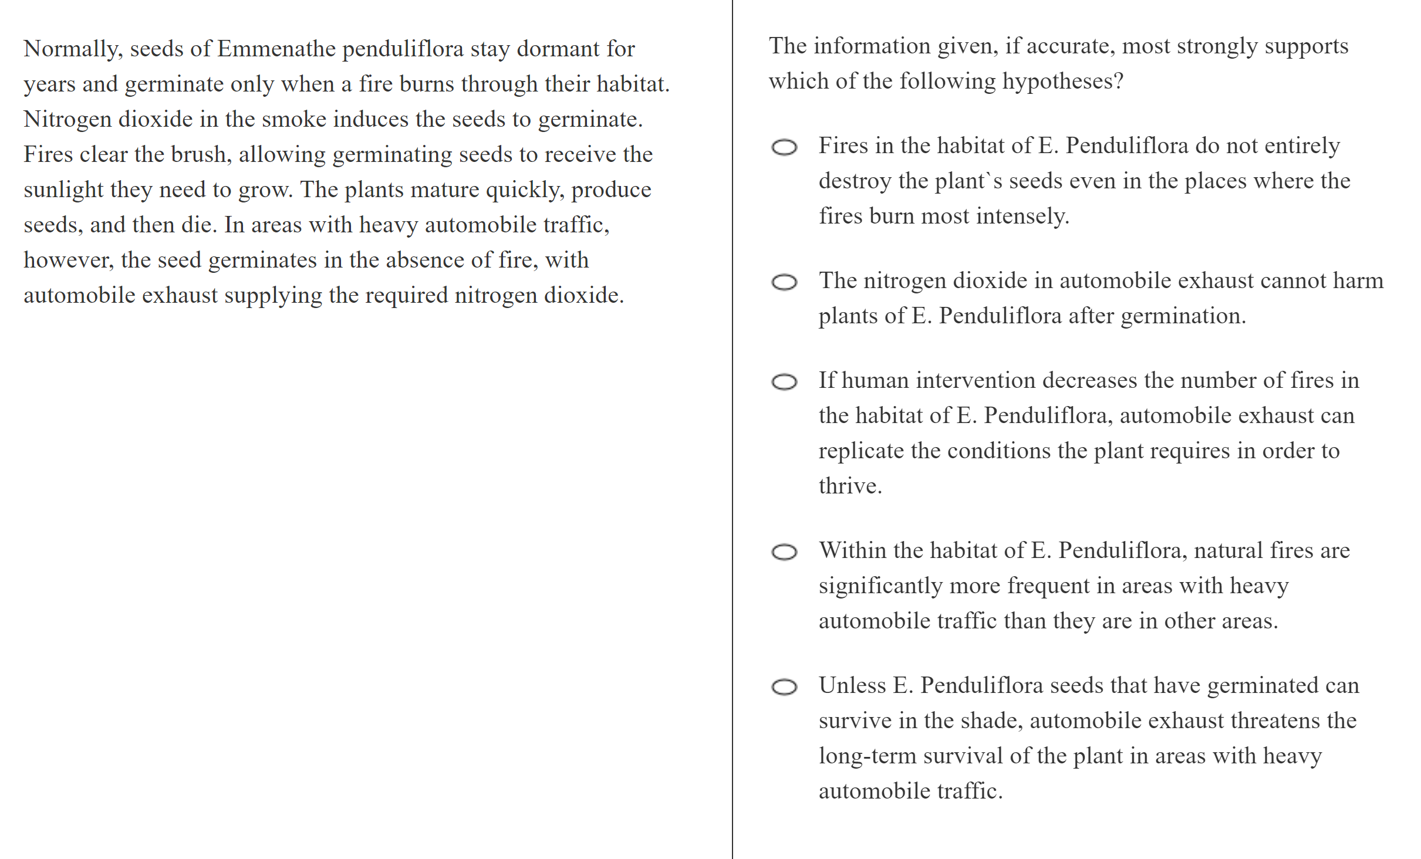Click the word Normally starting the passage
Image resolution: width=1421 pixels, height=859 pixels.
tap(73, 49)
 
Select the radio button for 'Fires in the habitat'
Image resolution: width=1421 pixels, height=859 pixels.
tap(784, 147)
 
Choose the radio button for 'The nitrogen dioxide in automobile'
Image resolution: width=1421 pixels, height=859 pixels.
tap(784, 282)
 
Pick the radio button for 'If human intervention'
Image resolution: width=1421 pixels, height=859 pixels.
tap(784, 382)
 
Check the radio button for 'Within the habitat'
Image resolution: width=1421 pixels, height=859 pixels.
tap(784, 552)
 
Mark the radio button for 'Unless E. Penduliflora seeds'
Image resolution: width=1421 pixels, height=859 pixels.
tap(784, 687)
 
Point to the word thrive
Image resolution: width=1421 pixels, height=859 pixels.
tap(850, 486)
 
